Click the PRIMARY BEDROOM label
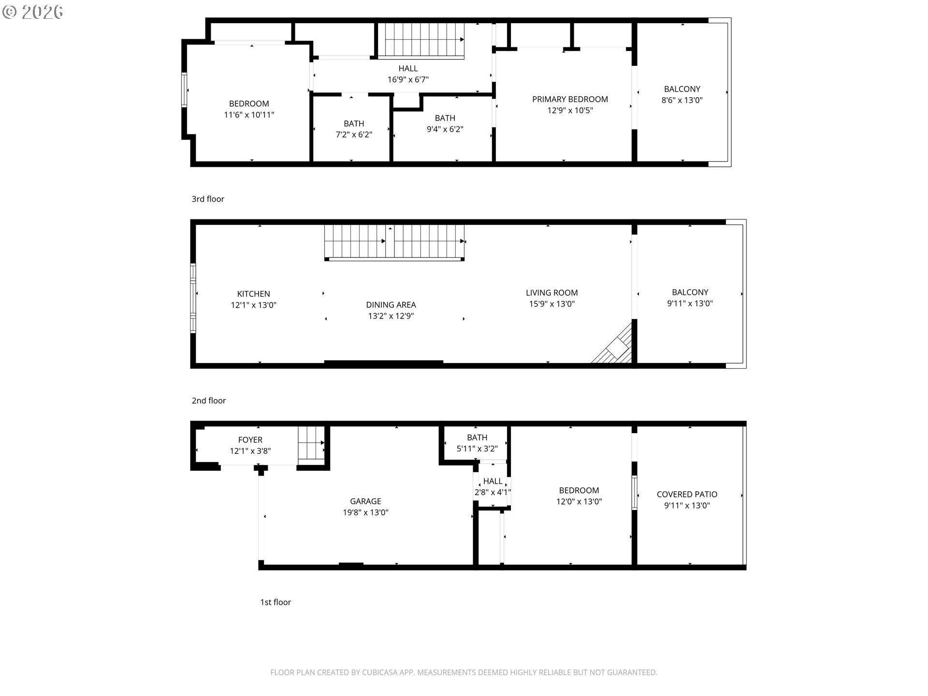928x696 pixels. (570, 99)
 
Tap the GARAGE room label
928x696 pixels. (365, 501)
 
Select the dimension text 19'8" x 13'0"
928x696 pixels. (365, 513)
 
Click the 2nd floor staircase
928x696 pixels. (394, 241)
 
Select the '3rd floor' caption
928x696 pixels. (208, 199)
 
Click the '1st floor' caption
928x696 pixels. (275, 602)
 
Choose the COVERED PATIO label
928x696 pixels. (687, 494)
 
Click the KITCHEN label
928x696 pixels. (253, 294)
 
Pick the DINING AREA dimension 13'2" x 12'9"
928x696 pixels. (391, 316)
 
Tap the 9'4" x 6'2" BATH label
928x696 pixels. (445, 118)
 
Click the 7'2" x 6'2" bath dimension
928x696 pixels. (354, 135)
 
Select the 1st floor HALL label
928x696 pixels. (493, 481)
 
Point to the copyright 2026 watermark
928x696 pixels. (33, 12)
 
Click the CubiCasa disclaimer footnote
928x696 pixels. (464, 672)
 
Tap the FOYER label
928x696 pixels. (250, 440)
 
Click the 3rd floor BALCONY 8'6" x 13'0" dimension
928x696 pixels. (681, 101)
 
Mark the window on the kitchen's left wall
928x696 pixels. (193, 298)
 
